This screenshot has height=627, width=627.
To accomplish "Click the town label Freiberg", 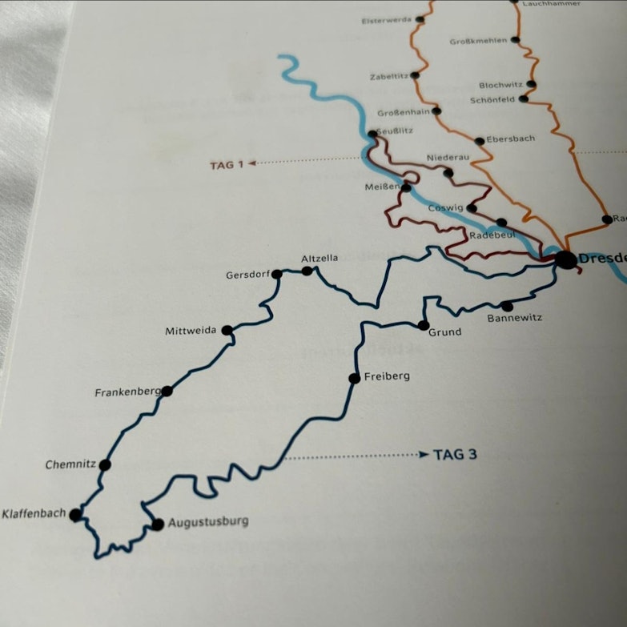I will tap(387, 376).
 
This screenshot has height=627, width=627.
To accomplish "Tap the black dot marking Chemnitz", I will tap(105, 464).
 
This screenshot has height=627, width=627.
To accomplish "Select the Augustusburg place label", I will tap(208, 522).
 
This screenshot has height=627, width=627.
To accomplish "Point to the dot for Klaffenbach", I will tap(75, 515).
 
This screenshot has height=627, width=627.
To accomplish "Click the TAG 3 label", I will tap(455, 455).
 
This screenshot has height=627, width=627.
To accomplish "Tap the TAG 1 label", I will tap(226, 165).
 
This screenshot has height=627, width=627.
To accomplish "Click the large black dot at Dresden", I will tap(565, 259).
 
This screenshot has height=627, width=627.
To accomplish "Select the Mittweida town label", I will tap(191, 331).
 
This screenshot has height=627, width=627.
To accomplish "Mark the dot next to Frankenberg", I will tap(167, 391).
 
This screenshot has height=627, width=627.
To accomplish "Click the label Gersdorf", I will tap(247, 275).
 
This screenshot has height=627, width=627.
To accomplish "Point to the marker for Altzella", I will tap(307, 271).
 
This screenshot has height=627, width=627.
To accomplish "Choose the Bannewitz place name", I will tap(514, 318).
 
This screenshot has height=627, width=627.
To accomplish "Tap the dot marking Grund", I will tap(424, 325).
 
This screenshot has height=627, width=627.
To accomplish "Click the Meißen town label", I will tap(381, 187).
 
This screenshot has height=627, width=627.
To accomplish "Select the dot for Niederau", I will tap(448, 172).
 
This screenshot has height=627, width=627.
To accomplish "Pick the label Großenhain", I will tap(404, 112).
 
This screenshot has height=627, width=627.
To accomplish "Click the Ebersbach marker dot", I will tap(479, 141).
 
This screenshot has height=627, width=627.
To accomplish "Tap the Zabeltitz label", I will tap(389, 77).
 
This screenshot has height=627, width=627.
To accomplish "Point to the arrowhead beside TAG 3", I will tap(424, 455).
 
